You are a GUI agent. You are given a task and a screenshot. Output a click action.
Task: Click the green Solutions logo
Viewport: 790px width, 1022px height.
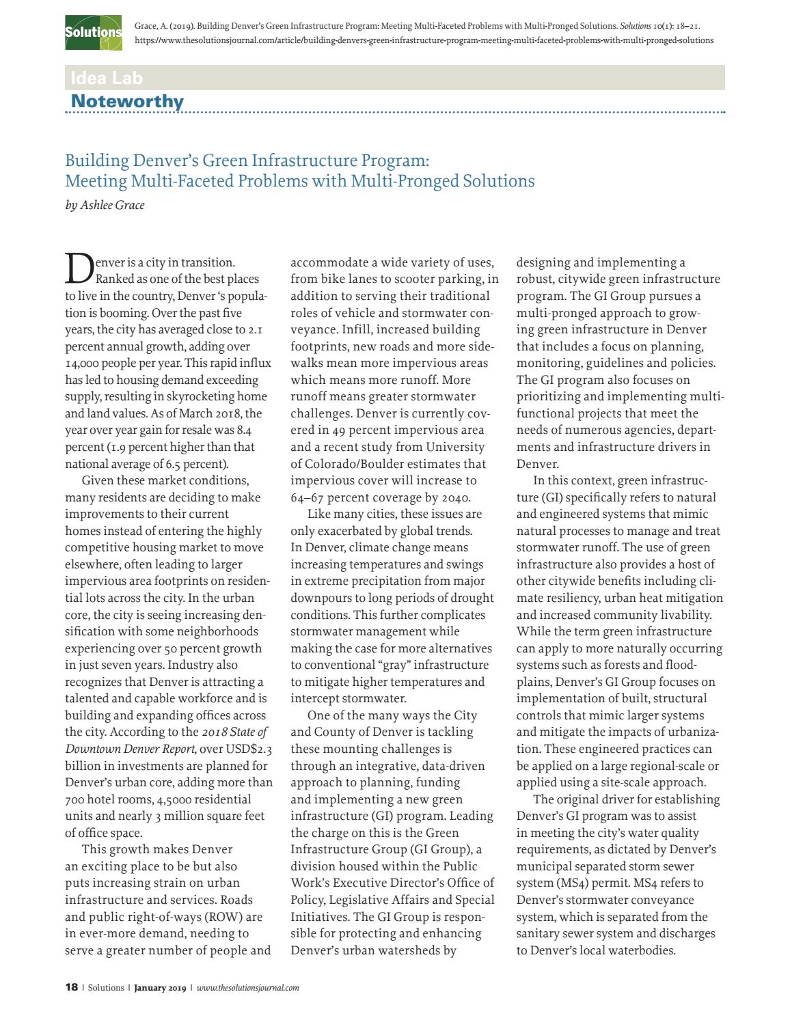93,32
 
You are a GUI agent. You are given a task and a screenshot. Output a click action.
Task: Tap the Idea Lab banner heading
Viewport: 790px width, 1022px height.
107,78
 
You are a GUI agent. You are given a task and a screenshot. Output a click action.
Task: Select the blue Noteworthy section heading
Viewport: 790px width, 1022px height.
127,102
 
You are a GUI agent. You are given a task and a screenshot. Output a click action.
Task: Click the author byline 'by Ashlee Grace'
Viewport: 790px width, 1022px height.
105,205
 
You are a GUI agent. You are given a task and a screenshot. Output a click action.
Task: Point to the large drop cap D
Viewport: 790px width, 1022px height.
78,268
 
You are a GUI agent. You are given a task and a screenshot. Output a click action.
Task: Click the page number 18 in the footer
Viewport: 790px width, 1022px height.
71,987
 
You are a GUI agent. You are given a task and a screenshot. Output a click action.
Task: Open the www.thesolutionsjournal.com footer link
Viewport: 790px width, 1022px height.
247,987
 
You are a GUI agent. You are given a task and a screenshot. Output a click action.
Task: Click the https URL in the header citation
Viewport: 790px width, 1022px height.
424,40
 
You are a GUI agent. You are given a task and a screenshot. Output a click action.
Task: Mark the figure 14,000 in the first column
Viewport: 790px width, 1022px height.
83,363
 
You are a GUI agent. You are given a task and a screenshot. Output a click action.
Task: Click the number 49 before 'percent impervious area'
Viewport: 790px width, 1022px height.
340,430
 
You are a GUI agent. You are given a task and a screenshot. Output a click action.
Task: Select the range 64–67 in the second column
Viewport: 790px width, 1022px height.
310,497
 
